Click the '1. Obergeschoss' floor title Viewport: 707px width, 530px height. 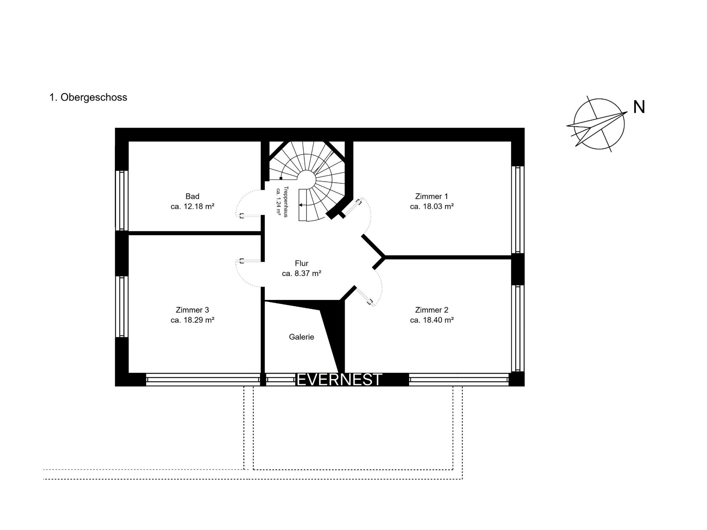88,98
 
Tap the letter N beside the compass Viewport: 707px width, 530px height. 639,107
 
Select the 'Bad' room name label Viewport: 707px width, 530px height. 193,197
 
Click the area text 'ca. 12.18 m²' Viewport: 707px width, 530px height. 193,206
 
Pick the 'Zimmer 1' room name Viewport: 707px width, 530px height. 432,197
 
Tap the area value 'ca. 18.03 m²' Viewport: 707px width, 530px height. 432,206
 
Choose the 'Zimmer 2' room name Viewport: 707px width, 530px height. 432,310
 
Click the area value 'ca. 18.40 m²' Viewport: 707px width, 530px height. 432,320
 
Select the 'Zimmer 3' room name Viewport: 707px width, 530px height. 193,310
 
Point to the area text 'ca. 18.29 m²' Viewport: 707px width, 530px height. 193,320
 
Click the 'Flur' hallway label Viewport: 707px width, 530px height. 302,264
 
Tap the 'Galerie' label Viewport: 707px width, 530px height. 302,337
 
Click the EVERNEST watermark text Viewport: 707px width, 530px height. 340,379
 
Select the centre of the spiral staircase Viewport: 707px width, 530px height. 306,180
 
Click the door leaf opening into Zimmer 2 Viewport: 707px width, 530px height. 365,296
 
